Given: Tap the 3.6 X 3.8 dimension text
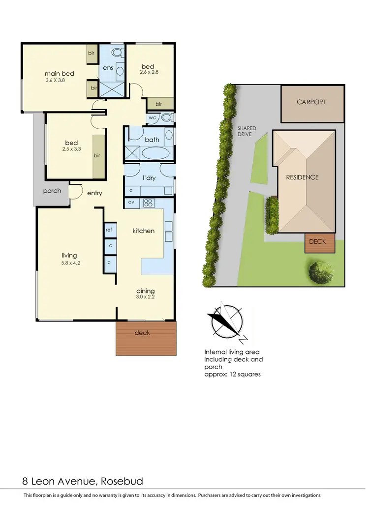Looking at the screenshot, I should (55, 80).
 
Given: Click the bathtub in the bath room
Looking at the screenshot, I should (155, 152).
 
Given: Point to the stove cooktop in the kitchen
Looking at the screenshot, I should (149, 202).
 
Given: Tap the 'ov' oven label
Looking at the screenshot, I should (131, 202).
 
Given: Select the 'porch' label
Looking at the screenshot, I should (52, 191).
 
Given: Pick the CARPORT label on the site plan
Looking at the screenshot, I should (311, 102).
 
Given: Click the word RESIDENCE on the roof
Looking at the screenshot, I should (303, 177).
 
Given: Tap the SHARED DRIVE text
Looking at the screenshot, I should (246, 131).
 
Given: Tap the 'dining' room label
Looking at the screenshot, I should (145, 290).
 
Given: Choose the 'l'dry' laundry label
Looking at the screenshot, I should (149, 178).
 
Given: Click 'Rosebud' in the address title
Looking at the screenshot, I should (123, 481).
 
